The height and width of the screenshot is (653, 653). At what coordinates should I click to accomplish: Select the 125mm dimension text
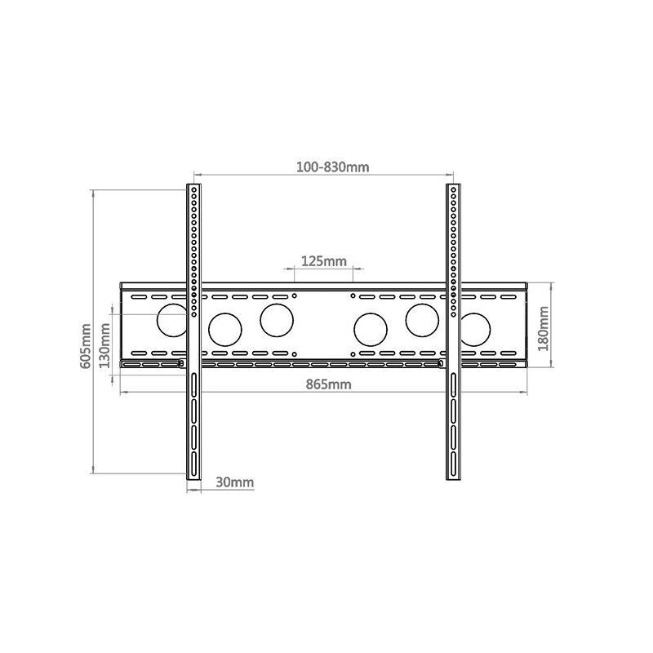click(324, 261)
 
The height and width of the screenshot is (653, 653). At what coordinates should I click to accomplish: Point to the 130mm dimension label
click(104, 344)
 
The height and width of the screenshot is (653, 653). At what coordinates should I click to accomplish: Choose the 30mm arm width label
click(234, 482)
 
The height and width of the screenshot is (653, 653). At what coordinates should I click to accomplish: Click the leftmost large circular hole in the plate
click(172, 319)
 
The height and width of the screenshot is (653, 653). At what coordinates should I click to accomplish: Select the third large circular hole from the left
click(277, 319)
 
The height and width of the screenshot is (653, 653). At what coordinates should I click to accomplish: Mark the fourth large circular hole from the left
click(371, 329)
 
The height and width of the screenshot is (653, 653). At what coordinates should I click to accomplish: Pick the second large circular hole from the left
click(224, 329)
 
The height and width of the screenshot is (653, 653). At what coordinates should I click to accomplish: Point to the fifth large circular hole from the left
click(423, 319)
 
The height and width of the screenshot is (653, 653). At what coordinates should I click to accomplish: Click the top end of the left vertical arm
click(193, 188)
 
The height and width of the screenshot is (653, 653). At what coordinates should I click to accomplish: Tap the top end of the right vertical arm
click(453, 188)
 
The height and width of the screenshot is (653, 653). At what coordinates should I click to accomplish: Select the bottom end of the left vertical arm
click(193, 478)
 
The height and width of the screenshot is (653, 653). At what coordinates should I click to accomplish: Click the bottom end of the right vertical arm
click(453, 478)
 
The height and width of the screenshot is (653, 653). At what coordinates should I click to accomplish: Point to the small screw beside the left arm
click(180, 363)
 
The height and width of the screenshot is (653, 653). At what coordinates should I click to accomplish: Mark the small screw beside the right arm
click(441, 363)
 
